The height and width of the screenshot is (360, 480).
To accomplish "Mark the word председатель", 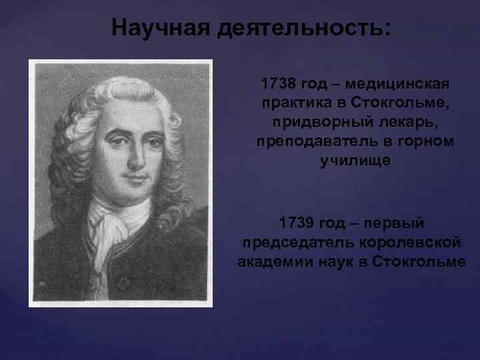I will [x=293, y=241].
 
